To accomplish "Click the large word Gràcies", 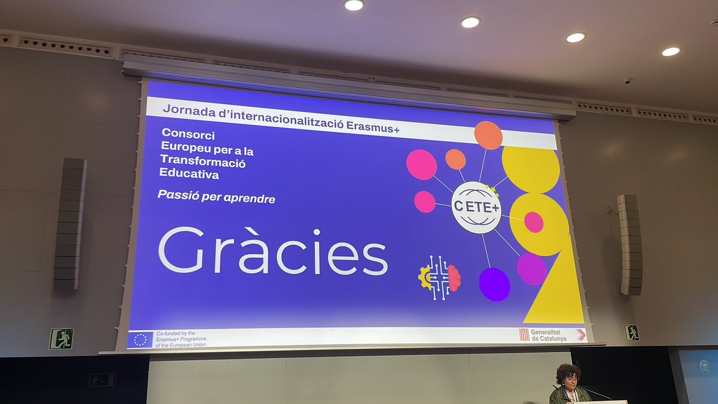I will (273, 251).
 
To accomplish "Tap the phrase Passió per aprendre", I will (217, 197).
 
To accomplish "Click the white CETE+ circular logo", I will (476, 207).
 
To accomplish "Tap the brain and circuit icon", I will (440, 277).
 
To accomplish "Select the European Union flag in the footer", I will (141, 340).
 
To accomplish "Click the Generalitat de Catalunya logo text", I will (548, 335).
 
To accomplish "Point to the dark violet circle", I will (494, 284).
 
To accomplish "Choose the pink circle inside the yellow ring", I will (534, 222).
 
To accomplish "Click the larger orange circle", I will (488, 135).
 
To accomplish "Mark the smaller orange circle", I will (455, 159).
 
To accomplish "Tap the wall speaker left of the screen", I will (69, 224).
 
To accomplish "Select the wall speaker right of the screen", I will (629, 244).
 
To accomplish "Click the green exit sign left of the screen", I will (61, 339).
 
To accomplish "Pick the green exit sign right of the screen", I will (631, 333).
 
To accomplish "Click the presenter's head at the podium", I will (568, 376).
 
